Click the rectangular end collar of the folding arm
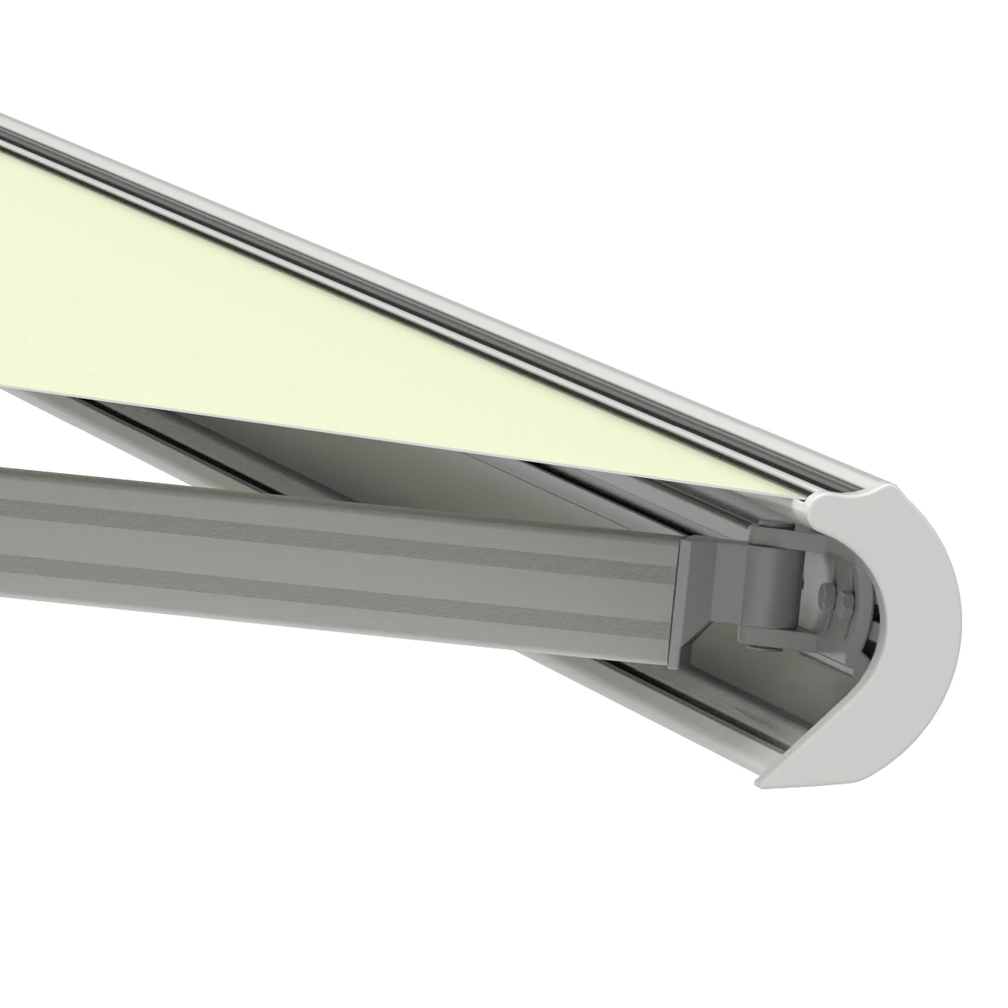694,595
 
